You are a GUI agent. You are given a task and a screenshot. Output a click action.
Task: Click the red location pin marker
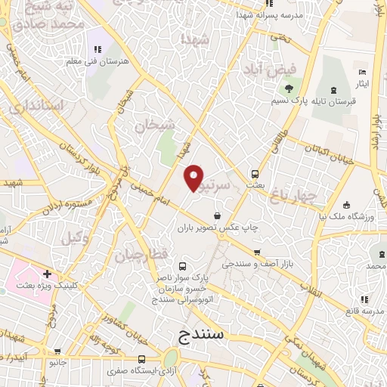pyautogui.click(x=194, y=178)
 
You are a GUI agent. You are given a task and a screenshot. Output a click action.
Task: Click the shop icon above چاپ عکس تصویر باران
pyautogui.click(x=218, y=215)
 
